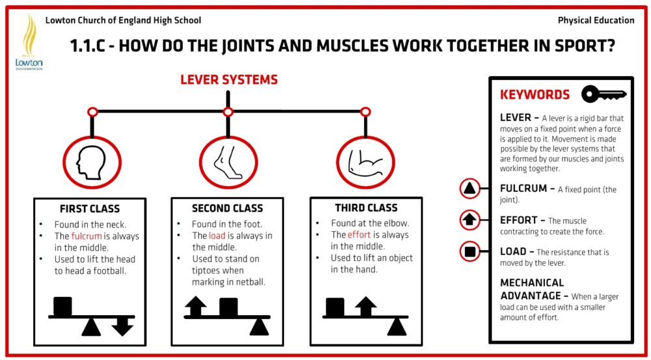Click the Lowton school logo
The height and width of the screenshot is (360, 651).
27,42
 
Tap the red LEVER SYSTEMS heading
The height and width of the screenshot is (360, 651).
229,80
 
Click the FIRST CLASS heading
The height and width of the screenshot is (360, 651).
90,209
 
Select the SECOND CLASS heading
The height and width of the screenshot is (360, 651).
227,208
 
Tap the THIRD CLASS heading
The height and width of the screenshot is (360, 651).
366,208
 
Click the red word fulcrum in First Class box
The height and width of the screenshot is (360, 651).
87,236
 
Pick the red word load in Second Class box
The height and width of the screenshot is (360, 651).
217,236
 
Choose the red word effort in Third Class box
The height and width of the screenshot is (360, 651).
359,234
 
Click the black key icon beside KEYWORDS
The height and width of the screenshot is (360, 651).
603,94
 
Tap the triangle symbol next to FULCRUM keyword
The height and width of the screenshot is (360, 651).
469,189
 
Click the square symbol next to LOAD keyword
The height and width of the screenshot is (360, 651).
469,251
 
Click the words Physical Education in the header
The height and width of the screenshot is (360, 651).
596,20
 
